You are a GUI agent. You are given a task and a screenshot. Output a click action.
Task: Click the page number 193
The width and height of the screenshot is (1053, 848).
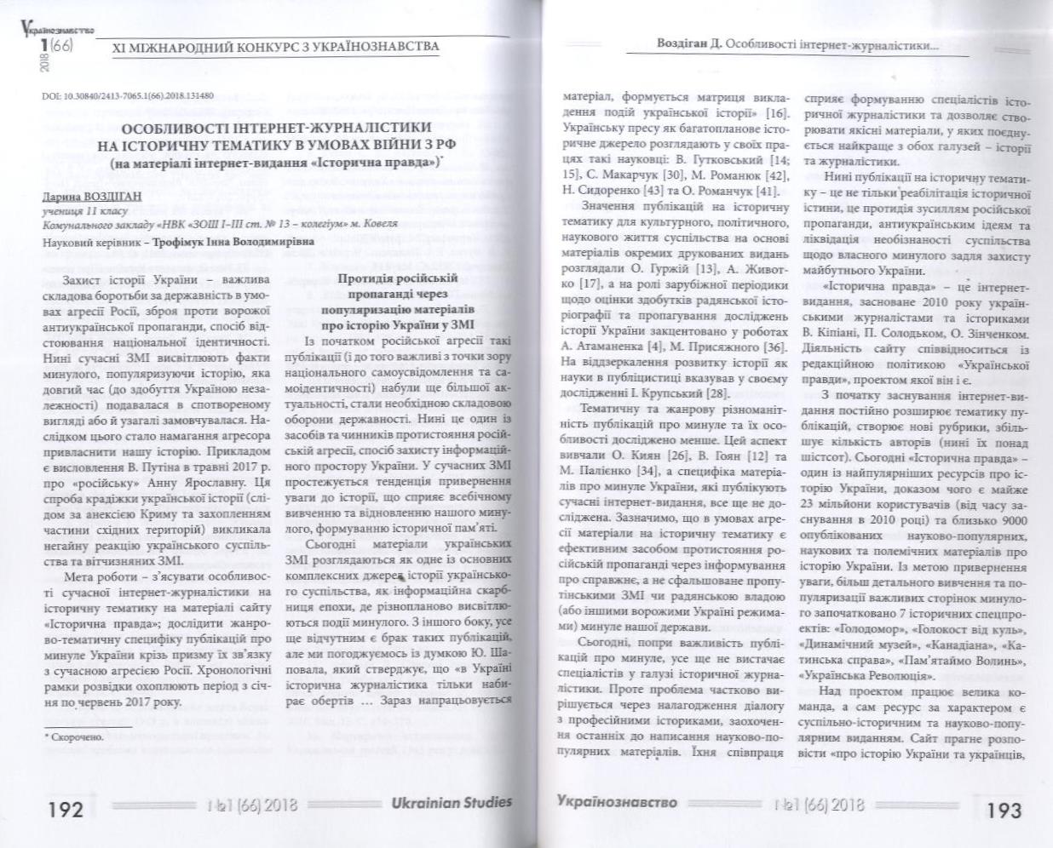(1004, 809)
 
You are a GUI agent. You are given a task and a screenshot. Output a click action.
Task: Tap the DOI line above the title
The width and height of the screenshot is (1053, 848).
(128, 96)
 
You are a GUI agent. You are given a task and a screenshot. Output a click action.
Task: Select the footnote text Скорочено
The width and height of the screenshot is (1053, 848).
(76, 736)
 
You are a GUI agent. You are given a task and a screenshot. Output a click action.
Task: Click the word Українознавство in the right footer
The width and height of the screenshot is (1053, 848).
(617, 802)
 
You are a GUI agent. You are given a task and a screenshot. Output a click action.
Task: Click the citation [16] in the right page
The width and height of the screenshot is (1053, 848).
(775, 113)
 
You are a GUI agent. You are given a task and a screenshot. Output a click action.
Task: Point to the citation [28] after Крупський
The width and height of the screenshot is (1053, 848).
(713, 393)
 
